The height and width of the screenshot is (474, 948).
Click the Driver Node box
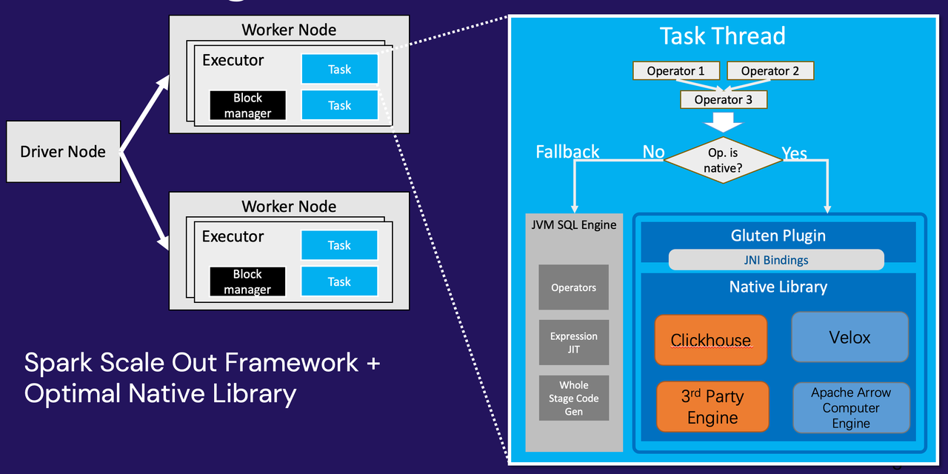pos(63,152)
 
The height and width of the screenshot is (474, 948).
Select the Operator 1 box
pos(676,71)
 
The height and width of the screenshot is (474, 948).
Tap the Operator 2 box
pos(770,71)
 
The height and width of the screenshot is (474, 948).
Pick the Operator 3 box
pos(724,99)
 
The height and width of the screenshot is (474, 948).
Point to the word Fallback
pos(567,152)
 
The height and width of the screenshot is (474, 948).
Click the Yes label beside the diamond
pos(794,153)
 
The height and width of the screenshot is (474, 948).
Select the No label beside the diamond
pos(653,152)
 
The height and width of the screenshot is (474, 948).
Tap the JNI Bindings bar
pos(776,260)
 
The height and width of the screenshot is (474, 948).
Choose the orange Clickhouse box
pos(711,340)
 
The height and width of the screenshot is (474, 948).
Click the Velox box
pos(850,337)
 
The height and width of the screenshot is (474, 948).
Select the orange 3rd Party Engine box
pos(712,407)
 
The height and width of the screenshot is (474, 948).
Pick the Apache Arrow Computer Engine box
pos(851,407)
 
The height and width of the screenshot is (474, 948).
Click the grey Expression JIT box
pos(574,342)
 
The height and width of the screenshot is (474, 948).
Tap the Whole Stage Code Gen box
pos(574,398)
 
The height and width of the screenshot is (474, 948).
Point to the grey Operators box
pos(574,287)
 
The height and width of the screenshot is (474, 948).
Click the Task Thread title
pos(722,36)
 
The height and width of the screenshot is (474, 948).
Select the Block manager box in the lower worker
pos(247,282)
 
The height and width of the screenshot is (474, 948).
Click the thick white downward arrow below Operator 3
pos(723,121)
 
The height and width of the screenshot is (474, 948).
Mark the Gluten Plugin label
pos(778,236)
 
